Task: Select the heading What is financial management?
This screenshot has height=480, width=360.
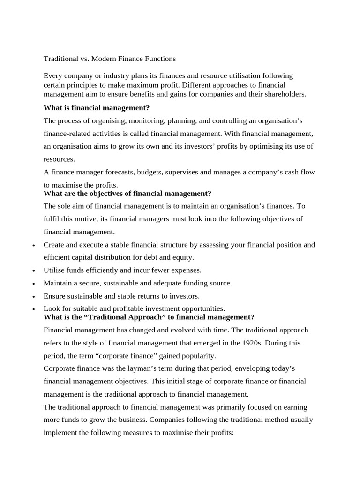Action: (x=97, y=108)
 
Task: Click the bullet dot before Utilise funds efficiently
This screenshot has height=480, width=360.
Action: (x=35, y=271)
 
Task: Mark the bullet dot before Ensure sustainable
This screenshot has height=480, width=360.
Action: (x=35, y=297)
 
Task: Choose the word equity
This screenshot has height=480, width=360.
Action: (x=183, y=257)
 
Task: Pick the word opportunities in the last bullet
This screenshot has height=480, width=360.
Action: (x=202, y=308)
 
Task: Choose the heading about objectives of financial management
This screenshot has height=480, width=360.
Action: (x=127, y=193)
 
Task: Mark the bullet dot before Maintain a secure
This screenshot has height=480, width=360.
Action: (x=35, y=284)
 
